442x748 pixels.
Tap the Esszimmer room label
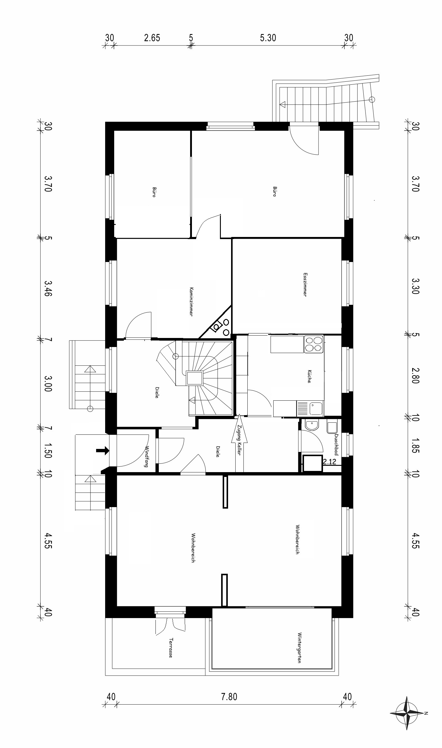pos(305,285)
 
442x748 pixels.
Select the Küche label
pos(309,376)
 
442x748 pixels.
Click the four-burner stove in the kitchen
pos(314,344)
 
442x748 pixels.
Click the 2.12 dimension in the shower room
pos(330,461)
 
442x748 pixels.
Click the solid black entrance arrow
pos(102,451)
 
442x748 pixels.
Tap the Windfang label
pos(147,456)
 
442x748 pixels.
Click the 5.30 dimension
pos(268,38)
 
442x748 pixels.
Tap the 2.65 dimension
pos(152,38)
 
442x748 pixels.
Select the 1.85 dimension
pos(415,446)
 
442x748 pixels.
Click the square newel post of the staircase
pos(195,378)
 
